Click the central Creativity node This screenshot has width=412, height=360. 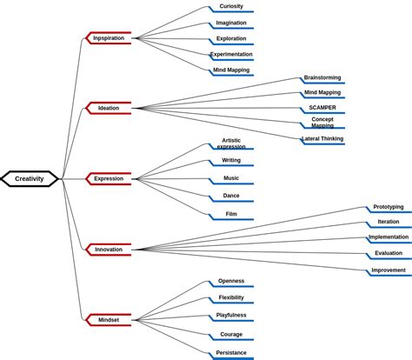coord(30,178)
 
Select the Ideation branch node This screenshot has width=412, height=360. coord(109,108)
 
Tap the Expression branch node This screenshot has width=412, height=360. coord(109,178)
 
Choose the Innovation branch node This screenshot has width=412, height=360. coord(109,250)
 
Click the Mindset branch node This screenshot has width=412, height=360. coord(109,320)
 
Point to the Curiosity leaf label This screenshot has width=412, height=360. coord(231,6)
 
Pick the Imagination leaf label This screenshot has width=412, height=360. coord(231,23)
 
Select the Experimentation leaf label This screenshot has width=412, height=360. coord(231,54)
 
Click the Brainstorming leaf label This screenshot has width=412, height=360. coord(322,77)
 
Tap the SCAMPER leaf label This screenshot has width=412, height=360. coord(322,108)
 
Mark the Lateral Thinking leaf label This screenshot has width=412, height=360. coord(322,138)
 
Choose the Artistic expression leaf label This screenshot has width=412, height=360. coord(231,143)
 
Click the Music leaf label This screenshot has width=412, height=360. coord(231,178)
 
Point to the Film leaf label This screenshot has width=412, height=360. coord(231,214)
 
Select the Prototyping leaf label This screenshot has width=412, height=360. coord(389,207)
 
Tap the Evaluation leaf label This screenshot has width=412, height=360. coord(389,253)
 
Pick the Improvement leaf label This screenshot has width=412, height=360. coord(389,270)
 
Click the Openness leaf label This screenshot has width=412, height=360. coord(231,281)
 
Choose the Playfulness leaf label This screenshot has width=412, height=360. coord(231,315)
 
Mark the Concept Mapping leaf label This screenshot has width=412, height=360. coord(322,122)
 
